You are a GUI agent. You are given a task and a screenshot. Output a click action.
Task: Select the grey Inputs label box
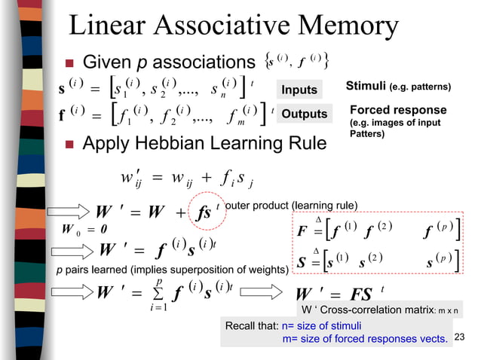(299, 90)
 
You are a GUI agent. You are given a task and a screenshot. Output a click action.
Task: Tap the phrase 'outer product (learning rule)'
(292, 204)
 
